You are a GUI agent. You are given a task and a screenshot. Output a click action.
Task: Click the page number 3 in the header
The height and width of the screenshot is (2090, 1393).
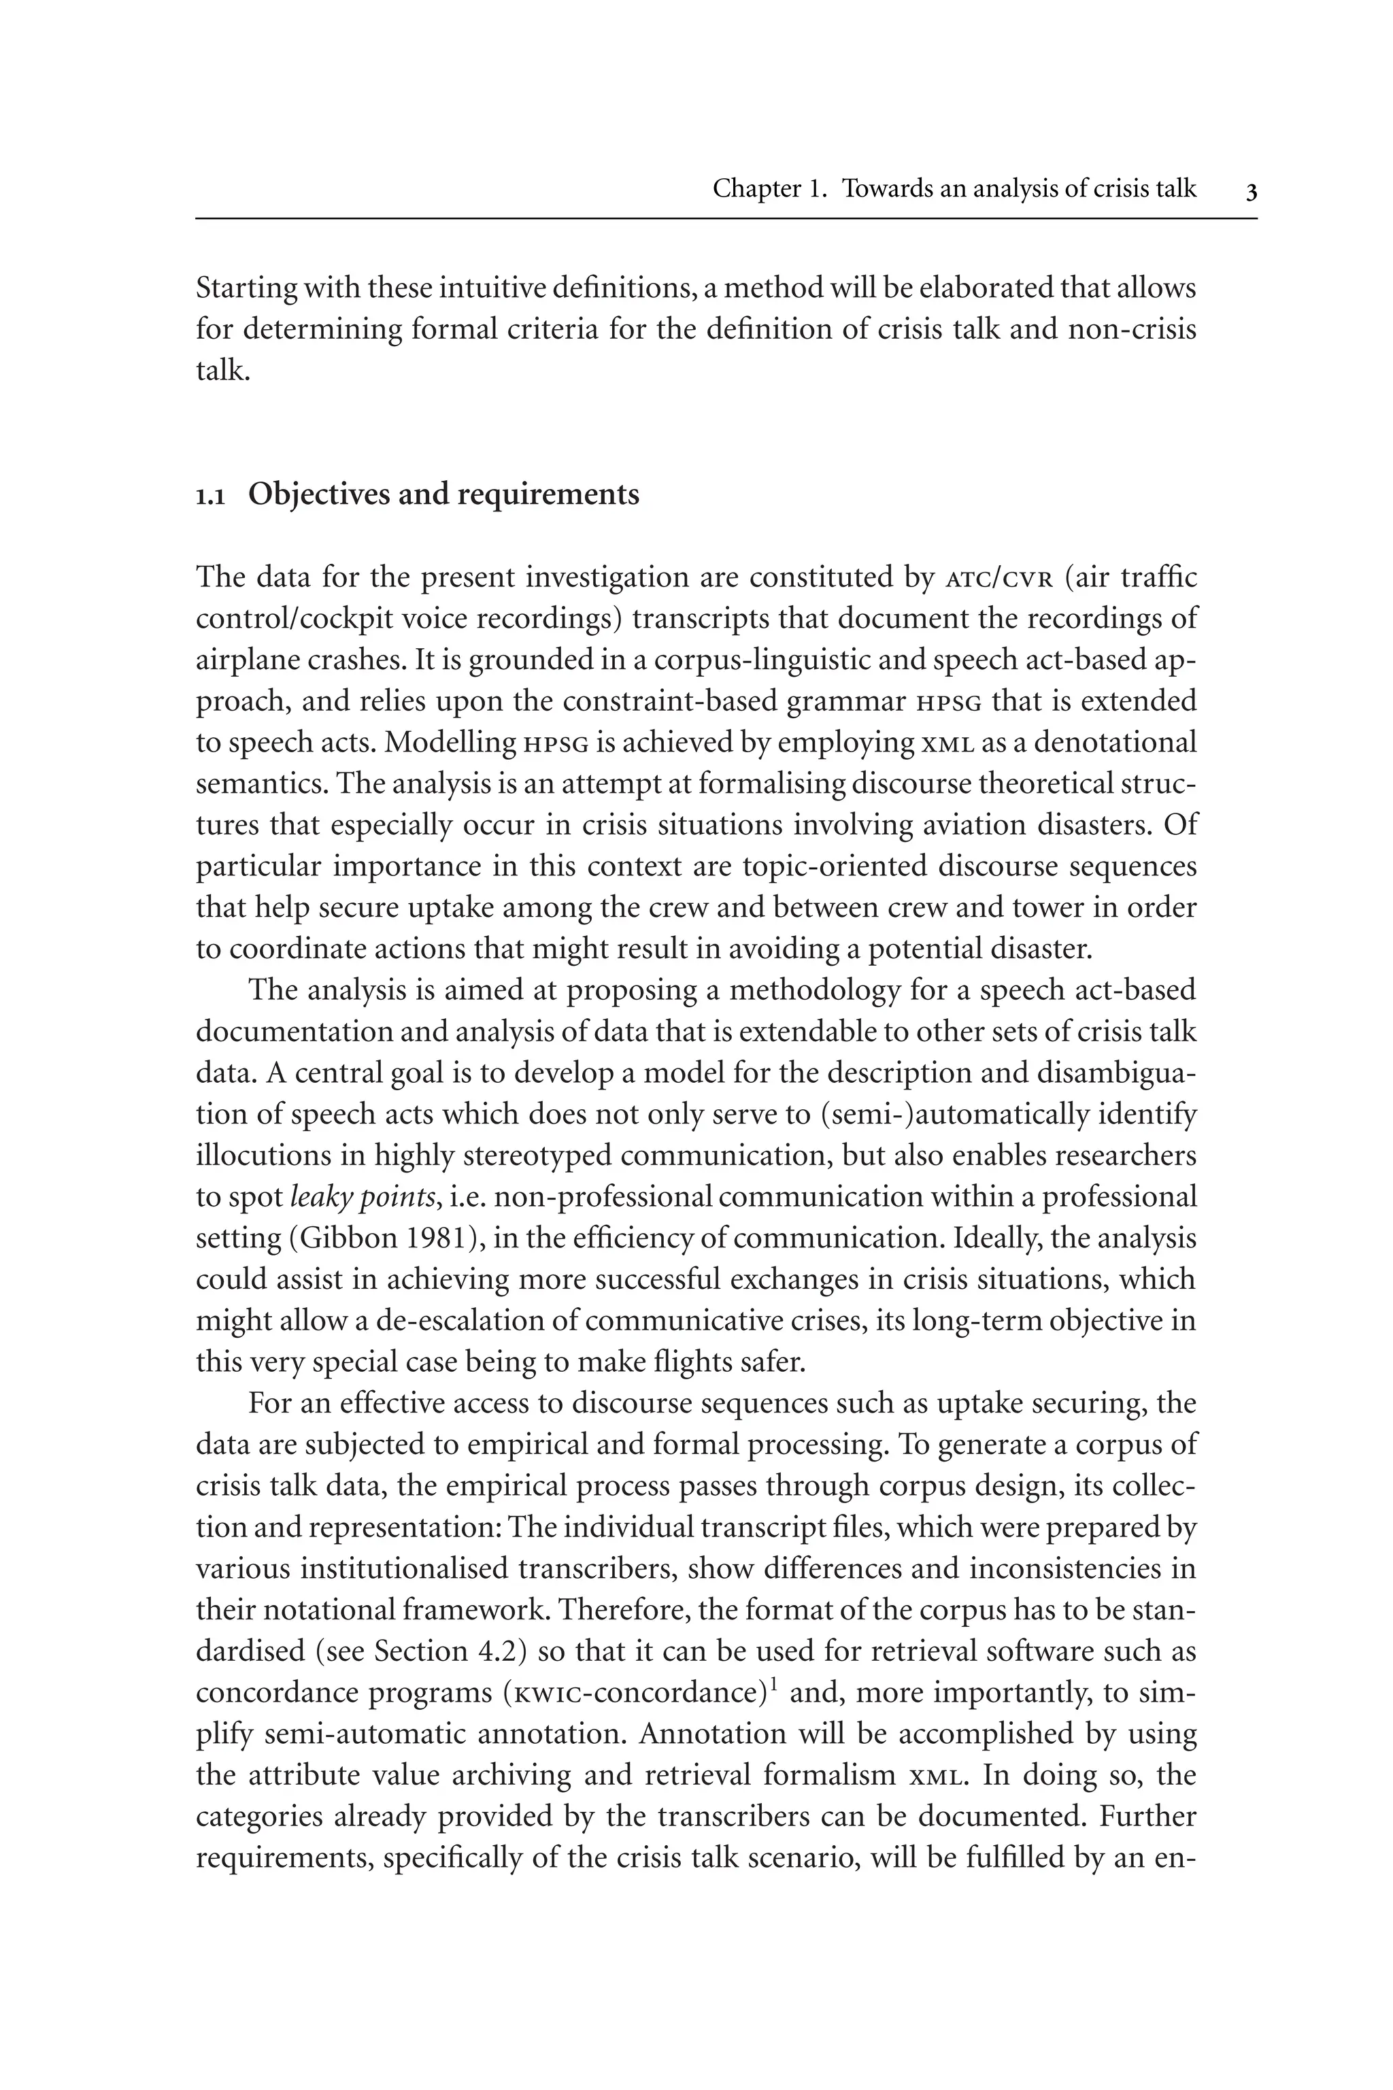[x=1251, y=192]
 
